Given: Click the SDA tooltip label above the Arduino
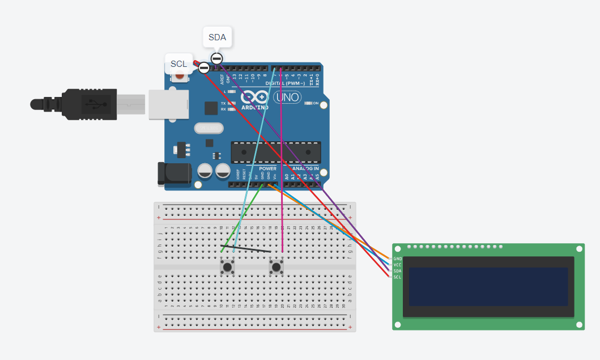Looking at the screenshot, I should pyautogui.click(x=217, y=38).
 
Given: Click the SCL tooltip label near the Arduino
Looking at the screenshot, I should pyautogui.click(x=178, y=63).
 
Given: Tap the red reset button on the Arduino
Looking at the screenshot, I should pyautogui.click(x=180, y=75).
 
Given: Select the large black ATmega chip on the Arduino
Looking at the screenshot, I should pyautogui.click(x=275, y=152).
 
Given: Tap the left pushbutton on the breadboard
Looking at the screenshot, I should pyautogui.click(x=227, y=266).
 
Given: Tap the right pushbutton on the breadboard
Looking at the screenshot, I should pyautogui.click(x=276, y=266).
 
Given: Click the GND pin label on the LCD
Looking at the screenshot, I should pyautogui.click(x=397, y=259).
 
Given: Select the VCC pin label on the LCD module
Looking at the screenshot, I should pyautogui.click(x=397, y=265).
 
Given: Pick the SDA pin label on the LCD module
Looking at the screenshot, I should pyautogui.click(x=397, y=271).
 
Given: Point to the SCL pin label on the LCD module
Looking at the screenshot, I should pyautogui.click(x=397, y=277).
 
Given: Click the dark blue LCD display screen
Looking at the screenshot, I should pyautogui.click(x=488, y=286).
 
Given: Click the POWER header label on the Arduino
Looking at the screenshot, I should pyautogui.click(x=267, y=169).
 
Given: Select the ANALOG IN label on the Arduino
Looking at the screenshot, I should pyautogui.click(x=305, y=169).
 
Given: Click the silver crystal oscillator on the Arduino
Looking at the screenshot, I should pyautogui.click(x=209, y=129).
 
